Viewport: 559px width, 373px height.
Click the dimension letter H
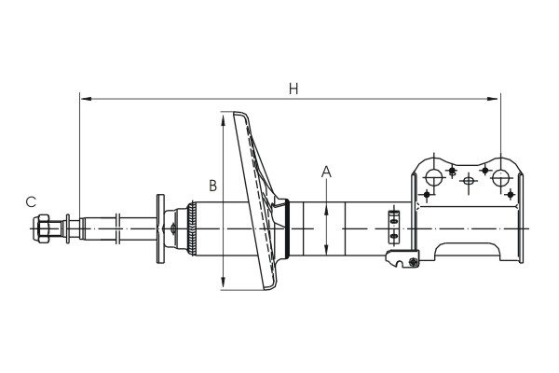click(x=293, y=89)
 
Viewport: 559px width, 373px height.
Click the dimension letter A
click(x=326, y=172)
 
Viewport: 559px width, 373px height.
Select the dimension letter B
click(x=212, y=186)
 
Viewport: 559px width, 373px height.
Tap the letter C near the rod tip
click(x=31, y=202)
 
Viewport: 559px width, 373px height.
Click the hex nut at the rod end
click(x=43, y=228)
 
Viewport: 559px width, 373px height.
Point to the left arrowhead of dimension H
click(x=86, y=99)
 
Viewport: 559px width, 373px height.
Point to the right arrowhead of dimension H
click(x=492, y=99)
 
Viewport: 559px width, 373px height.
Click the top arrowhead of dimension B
click(x=223, y=119)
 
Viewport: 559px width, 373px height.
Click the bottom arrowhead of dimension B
click(x=223, y=282)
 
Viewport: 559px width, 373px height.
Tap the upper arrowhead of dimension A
click(x=326, y=213)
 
